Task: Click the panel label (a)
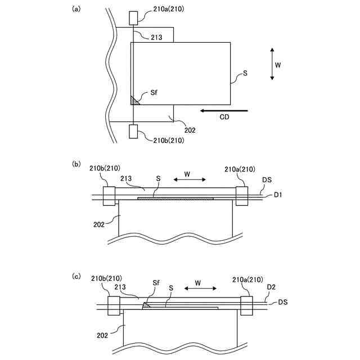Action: tap(76, 9)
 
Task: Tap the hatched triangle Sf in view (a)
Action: tap(134, 101)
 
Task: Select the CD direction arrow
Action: tap(216, 110)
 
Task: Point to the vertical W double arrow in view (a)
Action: tap(272, 64)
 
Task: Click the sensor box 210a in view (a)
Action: tap(133, 18)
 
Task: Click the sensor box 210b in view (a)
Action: tap(133, 132)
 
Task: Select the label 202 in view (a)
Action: tap(190, 130)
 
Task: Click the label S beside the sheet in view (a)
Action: tap(244, 73)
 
